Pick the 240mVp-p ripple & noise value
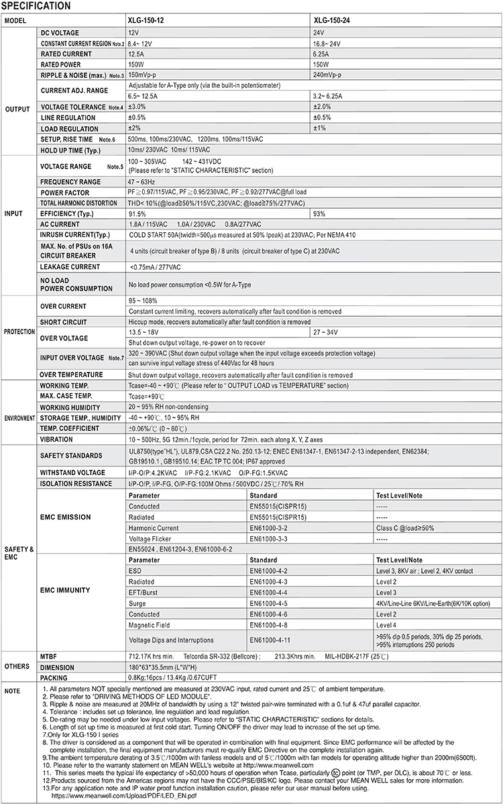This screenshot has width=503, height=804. [327, 75]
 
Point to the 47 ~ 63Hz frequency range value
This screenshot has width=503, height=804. [143, 181]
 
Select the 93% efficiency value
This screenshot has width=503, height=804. [320, 213]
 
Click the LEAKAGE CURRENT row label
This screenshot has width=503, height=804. [70, 267]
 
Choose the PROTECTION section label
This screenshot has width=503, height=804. [20, 332]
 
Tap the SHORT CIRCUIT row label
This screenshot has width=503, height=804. [64, 322]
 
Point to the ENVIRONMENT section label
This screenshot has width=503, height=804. [20, 417]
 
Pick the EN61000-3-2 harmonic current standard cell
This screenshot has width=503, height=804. [268, 528]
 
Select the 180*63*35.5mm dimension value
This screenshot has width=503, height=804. [162, 668]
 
